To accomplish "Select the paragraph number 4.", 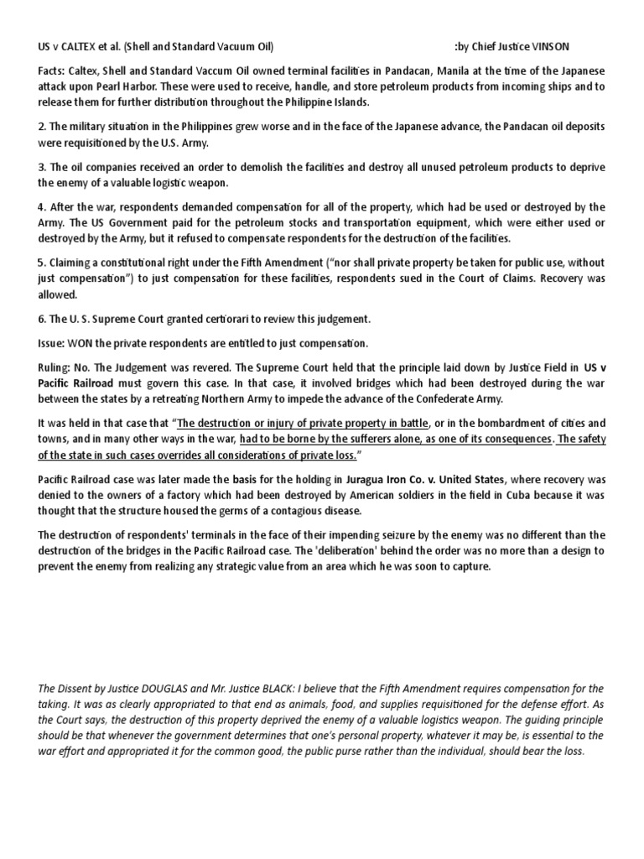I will click(41, 206).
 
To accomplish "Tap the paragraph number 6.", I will click(41, 319).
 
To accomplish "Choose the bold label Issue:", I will click(55, 343).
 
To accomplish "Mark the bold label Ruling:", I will click(57, 367).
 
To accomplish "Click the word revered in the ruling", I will click(221, 367).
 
